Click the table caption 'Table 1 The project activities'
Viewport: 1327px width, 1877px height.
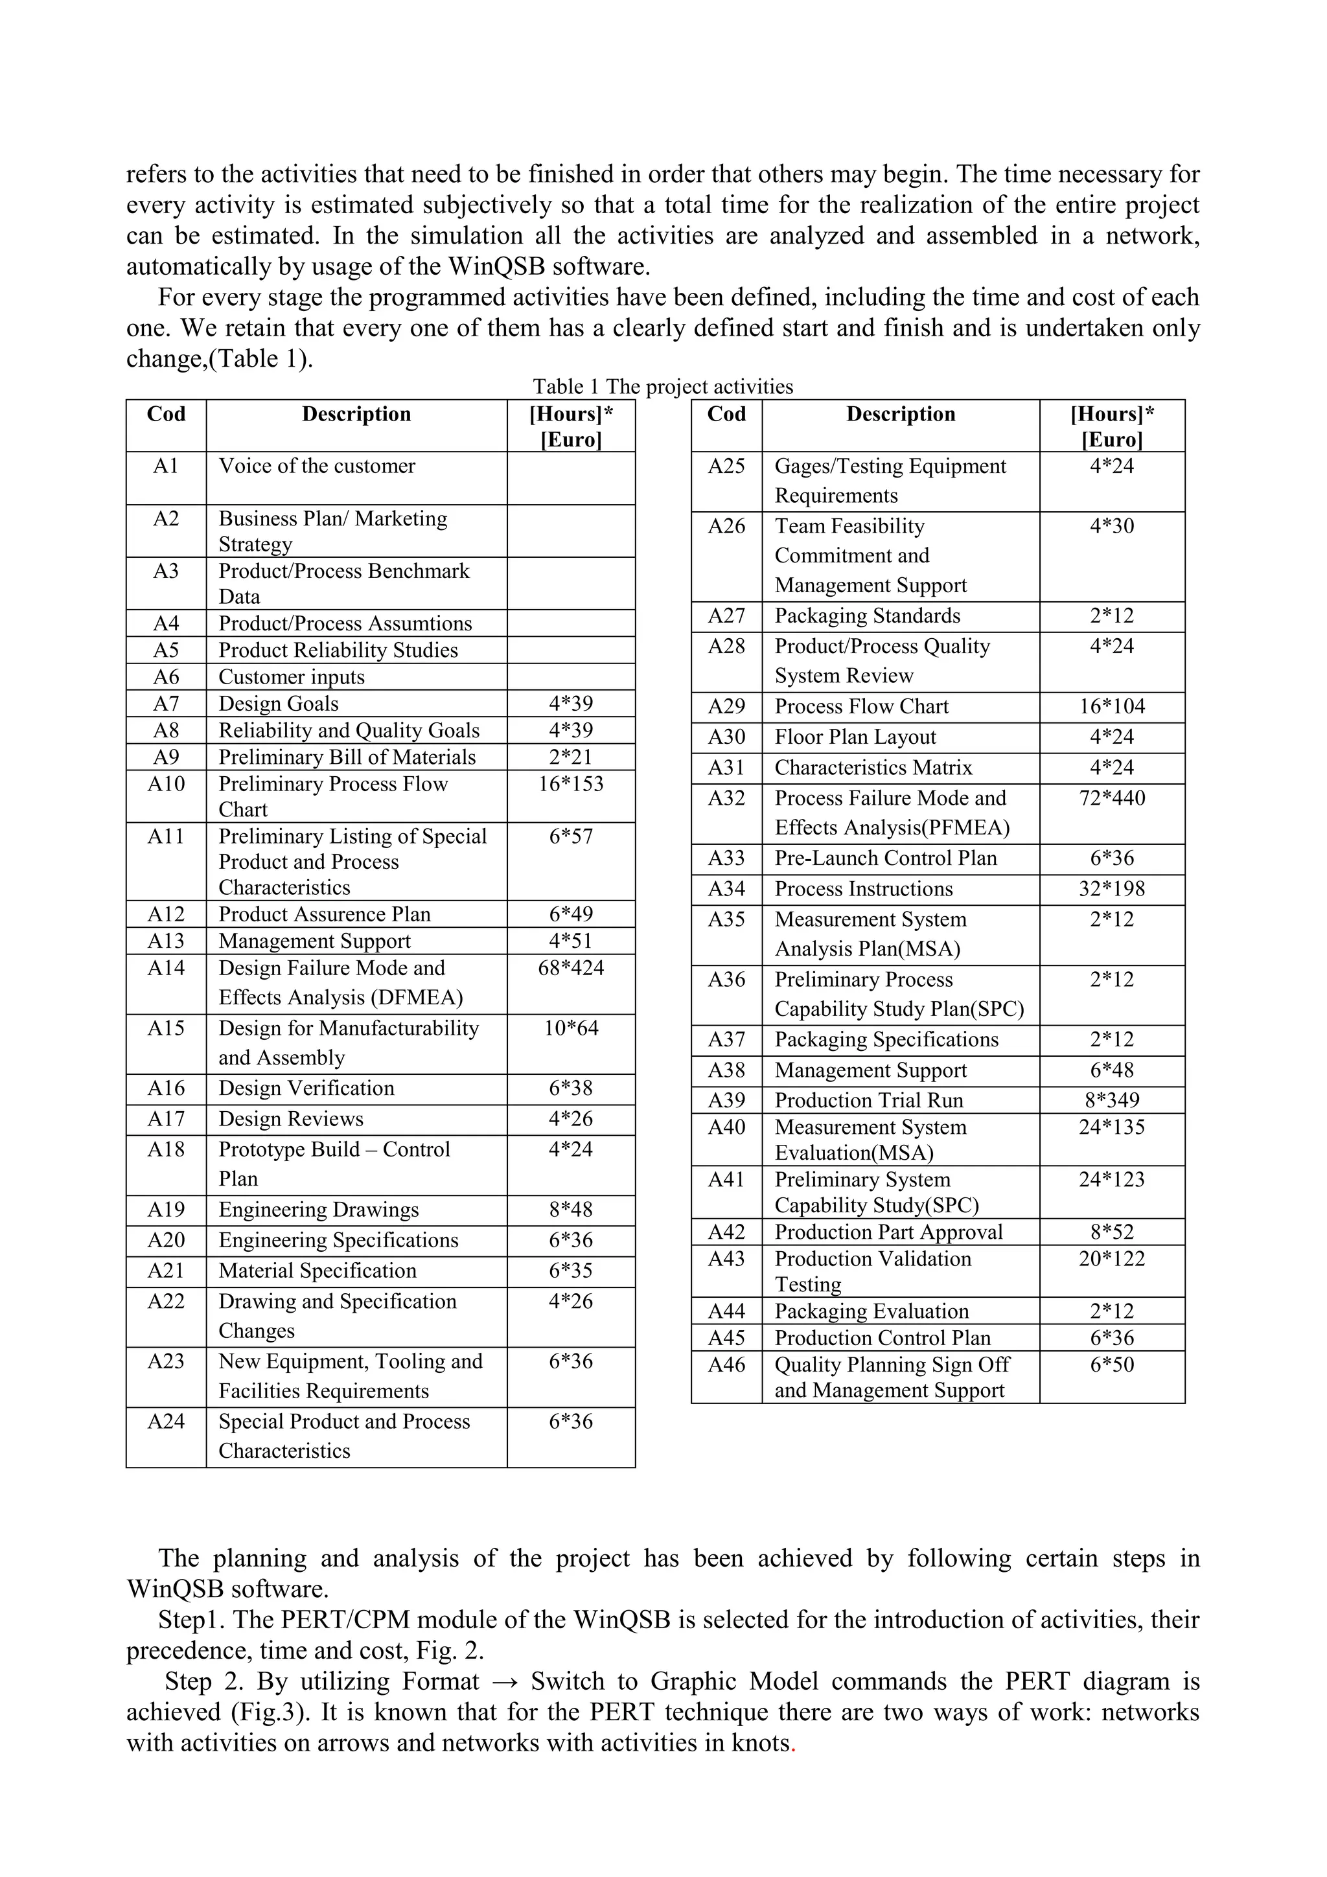click(x=662, y=387)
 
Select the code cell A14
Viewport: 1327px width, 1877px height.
click(x=166, y=968)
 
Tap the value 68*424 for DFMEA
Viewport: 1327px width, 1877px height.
click(x=571, y=968)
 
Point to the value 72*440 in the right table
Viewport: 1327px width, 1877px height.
click(x=1111, y=798)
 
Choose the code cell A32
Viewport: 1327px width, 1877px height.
click(x=726, y=798)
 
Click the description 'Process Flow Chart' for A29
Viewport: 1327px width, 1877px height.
click(x=861, y=706)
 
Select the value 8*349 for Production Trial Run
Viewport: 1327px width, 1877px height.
click(x=1111, y=1100)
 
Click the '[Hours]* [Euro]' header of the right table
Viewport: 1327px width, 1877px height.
click(x=1111, y=426)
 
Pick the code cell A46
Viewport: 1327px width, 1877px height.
click(x=726, y=1365)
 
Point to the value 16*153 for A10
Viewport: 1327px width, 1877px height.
click(x=571, y=784)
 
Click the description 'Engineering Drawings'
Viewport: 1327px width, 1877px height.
click(x=318, y=1210)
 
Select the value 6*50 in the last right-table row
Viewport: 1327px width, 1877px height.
click(x=1111, y=1365)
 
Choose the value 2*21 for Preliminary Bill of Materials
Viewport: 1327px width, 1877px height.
click(x=571, y=757)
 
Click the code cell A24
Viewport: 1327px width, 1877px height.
click(x=166, y=1422)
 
